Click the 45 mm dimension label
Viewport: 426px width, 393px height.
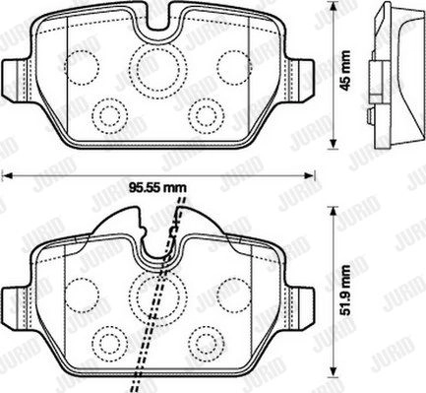(346, 70)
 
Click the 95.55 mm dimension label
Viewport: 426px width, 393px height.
(157, 188)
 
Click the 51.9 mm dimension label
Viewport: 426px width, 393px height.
(345, 291)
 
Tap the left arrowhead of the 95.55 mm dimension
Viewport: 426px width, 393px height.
(7, 176)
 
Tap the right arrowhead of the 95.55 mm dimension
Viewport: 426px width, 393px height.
(310, 176)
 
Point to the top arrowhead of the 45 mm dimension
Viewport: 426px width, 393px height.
(334, 6)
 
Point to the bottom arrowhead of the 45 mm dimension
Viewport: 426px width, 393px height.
(334, 144)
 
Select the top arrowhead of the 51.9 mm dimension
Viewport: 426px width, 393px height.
(334, 212)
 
